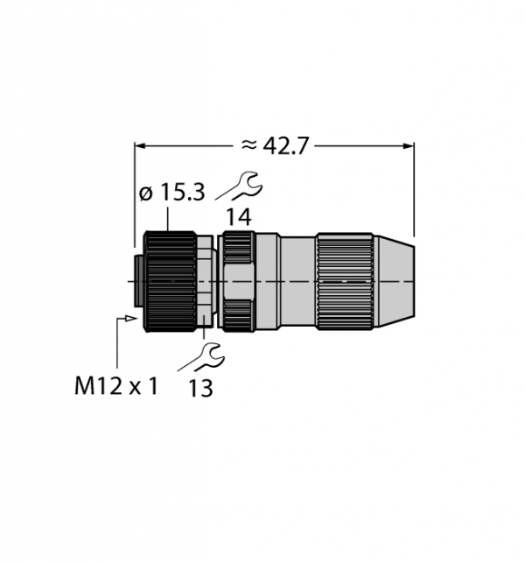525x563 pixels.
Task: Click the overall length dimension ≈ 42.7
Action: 275,145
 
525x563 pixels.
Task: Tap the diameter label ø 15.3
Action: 171,192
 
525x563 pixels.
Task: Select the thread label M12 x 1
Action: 115,386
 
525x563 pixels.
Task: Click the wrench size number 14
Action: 239,217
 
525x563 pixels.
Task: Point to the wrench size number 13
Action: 200,388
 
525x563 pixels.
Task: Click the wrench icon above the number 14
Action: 240,186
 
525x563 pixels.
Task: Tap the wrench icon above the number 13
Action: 201,357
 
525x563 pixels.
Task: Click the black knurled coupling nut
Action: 170,281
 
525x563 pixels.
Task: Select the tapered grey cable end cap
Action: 395,281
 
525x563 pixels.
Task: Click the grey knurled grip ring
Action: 345,281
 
